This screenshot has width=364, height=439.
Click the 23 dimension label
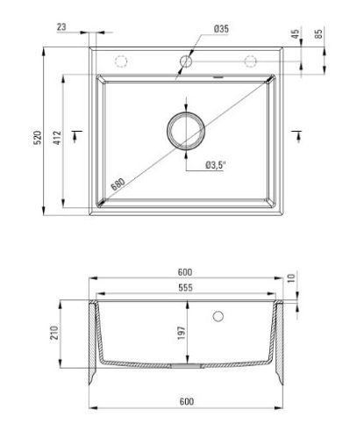click(61, 27)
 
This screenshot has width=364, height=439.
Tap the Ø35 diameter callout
click(221, 29)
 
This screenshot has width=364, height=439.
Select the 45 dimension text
click(296, 33)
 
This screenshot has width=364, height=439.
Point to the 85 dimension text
click(318, 33)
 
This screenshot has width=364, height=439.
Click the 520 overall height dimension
click(38, 138)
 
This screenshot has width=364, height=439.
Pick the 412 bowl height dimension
click(57, 138)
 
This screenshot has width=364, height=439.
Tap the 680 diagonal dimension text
click(118, 184)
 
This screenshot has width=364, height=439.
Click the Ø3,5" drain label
click(216, 165)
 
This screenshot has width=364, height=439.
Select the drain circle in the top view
click(186, 112)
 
